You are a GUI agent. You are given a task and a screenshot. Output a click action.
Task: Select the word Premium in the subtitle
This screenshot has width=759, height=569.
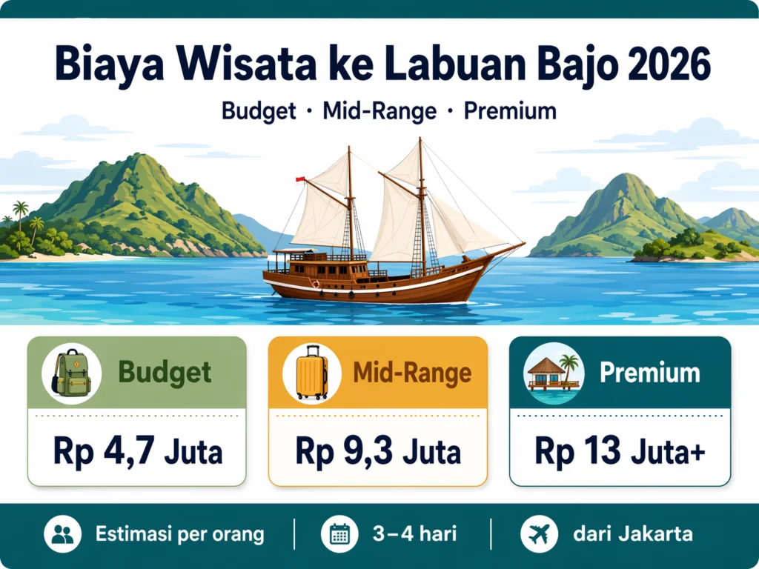pyautogui.click(x=510, y=111)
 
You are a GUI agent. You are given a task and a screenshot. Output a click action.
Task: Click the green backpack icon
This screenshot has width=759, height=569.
pyautogui.click(x=71, y=372)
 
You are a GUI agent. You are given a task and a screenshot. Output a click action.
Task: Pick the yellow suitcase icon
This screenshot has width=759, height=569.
pyautogui.click(x=311, y=373)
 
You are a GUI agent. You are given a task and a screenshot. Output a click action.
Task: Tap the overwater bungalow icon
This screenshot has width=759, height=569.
pyautogui.click(x=553, y=372)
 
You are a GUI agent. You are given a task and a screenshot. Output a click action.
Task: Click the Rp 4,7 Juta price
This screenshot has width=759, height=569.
pyautogui.click(x=137, y=451)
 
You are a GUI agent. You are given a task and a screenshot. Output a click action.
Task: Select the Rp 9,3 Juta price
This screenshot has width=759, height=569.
pyautogui.click(x=378, y=451)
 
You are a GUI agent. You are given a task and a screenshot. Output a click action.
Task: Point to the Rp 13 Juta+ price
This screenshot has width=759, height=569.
pyautogui.click(x=620, y=451)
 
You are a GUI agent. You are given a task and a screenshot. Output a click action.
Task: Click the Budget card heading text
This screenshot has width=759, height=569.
pyautogui.click(x=165, y=372)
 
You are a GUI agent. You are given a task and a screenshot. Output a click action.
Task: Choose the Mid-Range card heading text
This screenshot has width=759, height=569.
pyautogui.click(x=412, y=373)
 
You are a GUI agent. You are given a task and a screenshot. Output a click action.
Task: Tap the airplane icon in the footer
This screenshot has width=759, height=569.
pyautogui.click(x=539, y=534)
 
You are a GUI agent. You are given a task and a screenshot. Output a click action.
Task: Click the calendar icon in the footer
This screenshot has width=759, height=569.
pyautogui.click(x=339, y=534)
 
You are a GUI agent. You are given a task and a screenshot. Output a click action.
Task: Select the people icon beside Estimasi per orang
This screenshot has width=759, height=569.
pyautogui.click(x=63, y=534)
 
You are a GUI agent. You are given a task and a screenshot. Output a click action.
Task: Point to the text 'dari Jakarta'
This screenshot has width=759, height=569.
pyautogui.click(x=632, y=533)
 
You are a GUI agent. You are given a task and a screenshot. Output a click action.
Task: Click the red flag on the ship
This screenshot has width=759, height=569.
pyautogui.click(x=300, y=179)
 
